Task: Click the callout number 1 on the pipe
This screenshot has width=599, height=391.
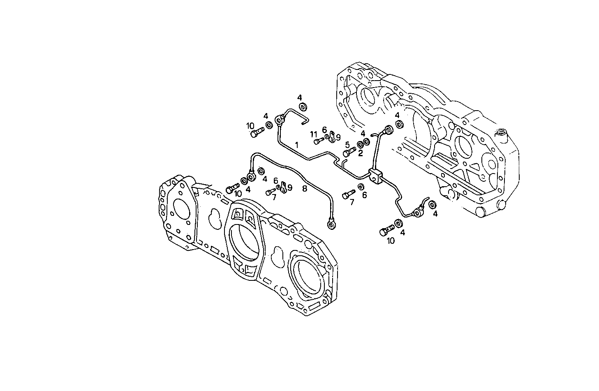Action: [x=296, y=144]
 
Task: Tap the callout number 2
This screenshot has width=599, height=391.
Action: [x=360, y=154]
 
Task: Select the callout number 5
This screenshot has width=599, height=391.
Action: [x=347, y=144]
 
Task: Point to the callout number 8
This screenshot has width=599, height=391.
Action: [x=304, y=188]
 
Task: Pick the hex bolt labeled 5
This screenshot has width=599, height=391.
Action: [x=348, y=153]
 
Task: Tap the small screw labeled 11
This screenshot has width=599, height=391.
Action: [x=319, y=141]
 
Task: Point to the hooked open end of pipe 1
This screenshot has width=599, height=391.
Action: [x=305, y=120]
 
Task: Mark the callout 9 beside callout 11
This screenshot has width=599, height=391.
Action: [x=338, y=137]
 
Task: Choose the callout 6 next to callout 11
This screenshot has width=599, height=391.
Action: [x=324, y=130]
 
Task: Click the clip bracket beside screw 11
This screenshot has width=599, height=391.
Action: [x=331, y=139]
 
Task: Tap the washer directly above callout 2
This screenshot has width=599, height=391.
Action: [x=361, y=144]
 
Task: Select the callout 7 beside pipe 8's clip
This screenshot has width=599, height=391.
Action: [x=274, y=198]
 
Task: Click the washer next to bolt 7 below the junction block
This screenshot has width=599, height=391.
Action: [x=361, y=187]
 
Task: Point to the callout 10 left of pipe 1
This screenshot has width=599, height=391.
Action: [x=250, y=125]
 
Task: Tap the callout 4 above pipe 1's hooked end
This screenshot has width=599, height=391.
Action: [x=300, y=97]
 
